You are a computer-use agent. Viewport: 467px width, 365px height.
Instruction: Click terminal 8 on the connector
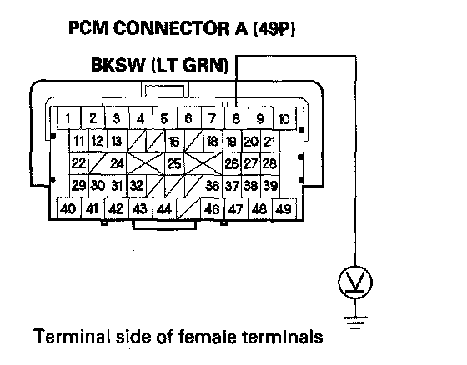click(x=236, y=118)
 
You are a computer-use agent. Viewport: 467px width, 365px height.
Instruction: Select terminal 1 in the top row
click(x=68, y=118)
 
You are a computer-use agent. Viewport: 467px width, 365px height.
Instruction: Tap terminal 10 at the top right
click(x=284, y=118)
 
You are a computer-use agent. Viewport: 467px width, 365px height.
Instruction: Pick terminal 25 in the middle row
click(x=174, y=163)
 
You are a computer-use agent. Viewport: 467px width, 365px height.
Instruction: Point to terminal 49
click(x=284, y=208)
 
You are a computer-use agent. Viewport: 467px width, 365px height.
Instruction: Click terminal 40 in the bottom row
click(x=68, y=208)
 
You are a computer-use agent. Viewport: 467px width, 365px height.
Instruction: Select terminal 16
click(x=174, y=141)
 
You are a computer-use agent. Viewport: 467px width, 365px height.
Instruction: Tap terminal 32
click(x=137, y=186)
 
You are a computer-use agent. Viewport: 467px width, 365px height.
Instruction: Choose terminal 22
click(x=78, y=163)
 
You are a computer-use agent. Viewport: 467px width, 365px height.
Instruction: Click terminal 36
click(x=213, y=186)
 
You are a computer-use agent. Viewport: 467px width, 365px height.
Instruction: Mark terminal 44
click(x=164, y=208)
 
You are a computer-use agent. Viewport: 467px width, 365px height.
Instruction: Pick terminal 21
click(x=270, y=141)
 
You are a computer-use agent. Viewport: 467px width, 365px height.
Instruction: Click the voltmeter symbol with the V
click(x=355, y=282)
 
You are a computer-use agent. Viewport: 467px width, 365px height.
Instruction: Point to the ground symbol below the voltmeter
click(x=355, y=322)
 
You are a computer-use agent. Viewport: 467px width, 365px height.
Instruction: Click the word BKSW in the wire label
click(x=118, y=65)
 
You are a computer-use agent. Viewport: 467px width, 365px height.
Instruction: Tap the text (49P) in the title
click(x=274, y=28)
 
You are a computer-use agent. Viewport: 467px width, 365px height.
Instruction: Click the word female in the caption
click(x=207, y=337)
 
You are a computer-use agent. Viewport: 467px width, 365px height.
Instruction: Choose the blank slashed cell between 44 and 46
click(x=188, y=208)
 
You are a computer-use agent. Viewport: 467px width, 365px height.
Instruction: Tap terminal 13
click(x=117, y=141)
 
